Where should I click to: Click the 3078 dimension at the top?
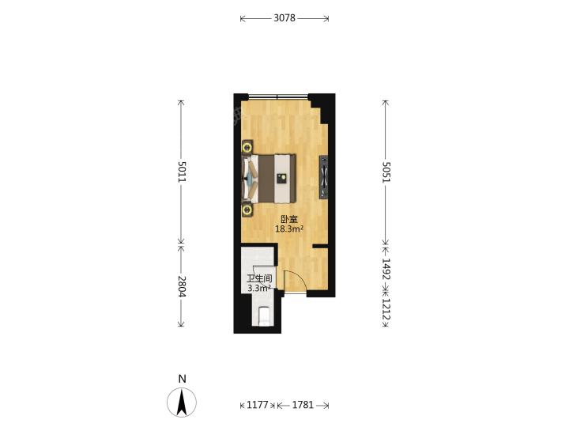click(284, 17)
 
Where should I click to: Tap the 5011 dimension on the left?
click(182, 172)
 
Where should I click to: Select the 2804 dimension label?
click(182, 286)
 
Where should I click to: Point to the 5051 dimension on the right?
click(386, 172)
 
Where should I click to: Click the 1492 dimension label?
click(386, 269)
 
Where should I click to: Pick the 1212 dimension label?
click(386, 309)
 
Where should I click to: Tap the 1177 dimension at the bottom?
click(258, 405)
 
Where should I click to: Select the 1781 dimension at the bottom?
click(303, 405)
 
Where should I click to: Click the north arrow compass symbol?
click(182, 402)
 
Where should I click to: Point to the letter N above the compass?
click(183, 379)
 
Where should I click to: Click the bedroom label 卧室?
click(289, 219)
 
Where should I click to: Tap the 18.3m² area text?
click(289, 229)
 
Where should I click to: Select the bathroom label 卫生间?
click(259, 279)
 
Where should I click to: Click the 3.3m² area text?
click(259, 289)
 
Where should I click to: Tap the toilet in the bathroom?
click(264, 316)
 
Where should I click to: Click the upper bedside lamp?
click(248, 147)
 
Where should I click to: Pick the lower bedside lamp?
click(248, 210)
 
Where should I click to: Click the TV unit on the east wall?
click(323, 177)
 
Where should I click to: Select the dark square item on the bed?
click(281, 178)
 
